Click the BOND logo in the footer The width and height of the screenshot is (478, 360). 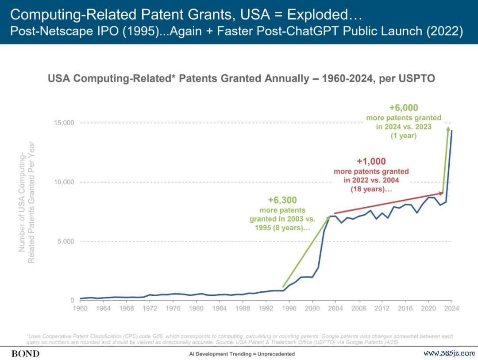(25, 353)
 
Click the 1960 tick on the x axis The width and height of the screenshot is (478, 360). (80, 309)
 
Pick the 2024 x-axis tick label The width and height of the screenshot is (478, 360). (451, 309)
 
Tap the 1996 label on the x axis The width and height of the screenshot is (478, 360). (289, 309)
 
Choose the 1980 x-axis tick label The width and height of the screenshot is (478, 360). (196, 309)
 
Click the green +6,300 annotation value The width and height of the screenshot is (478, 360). (282, 200)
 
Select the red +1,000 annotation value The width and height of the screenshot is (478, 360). (371, 162)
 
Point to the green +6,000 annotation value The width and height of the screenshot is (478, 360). (404, 108)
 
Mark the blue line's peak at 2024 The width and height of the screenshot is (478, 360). (451, 130)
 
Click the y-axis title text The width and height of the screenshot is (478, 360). (27, 202)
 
